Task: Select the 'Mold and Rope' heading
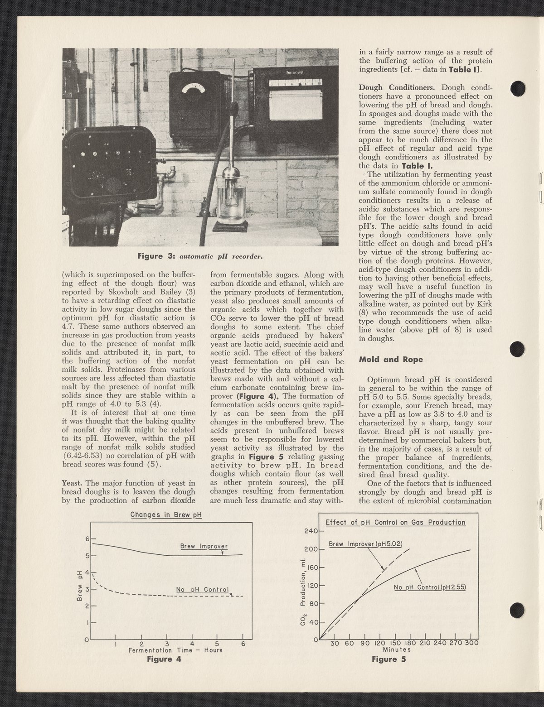391,359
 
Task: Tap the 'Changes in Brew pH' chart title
166,515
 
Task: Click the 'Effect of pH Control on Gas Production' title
395,522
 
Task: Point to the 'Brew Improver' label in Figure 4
204,546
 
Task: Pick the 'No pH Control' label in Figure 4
204,589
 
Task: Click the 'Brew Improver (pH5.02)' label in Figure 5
365,543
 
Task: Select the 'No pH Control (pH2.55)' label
430,587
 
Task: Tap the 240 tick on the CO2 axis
311,531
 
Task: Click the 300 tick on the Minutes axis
471,643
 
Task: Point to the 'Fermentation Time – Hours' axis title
175,650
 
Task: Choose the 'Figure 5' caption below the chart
389,659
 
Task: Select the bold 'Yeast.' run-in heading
72,483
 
